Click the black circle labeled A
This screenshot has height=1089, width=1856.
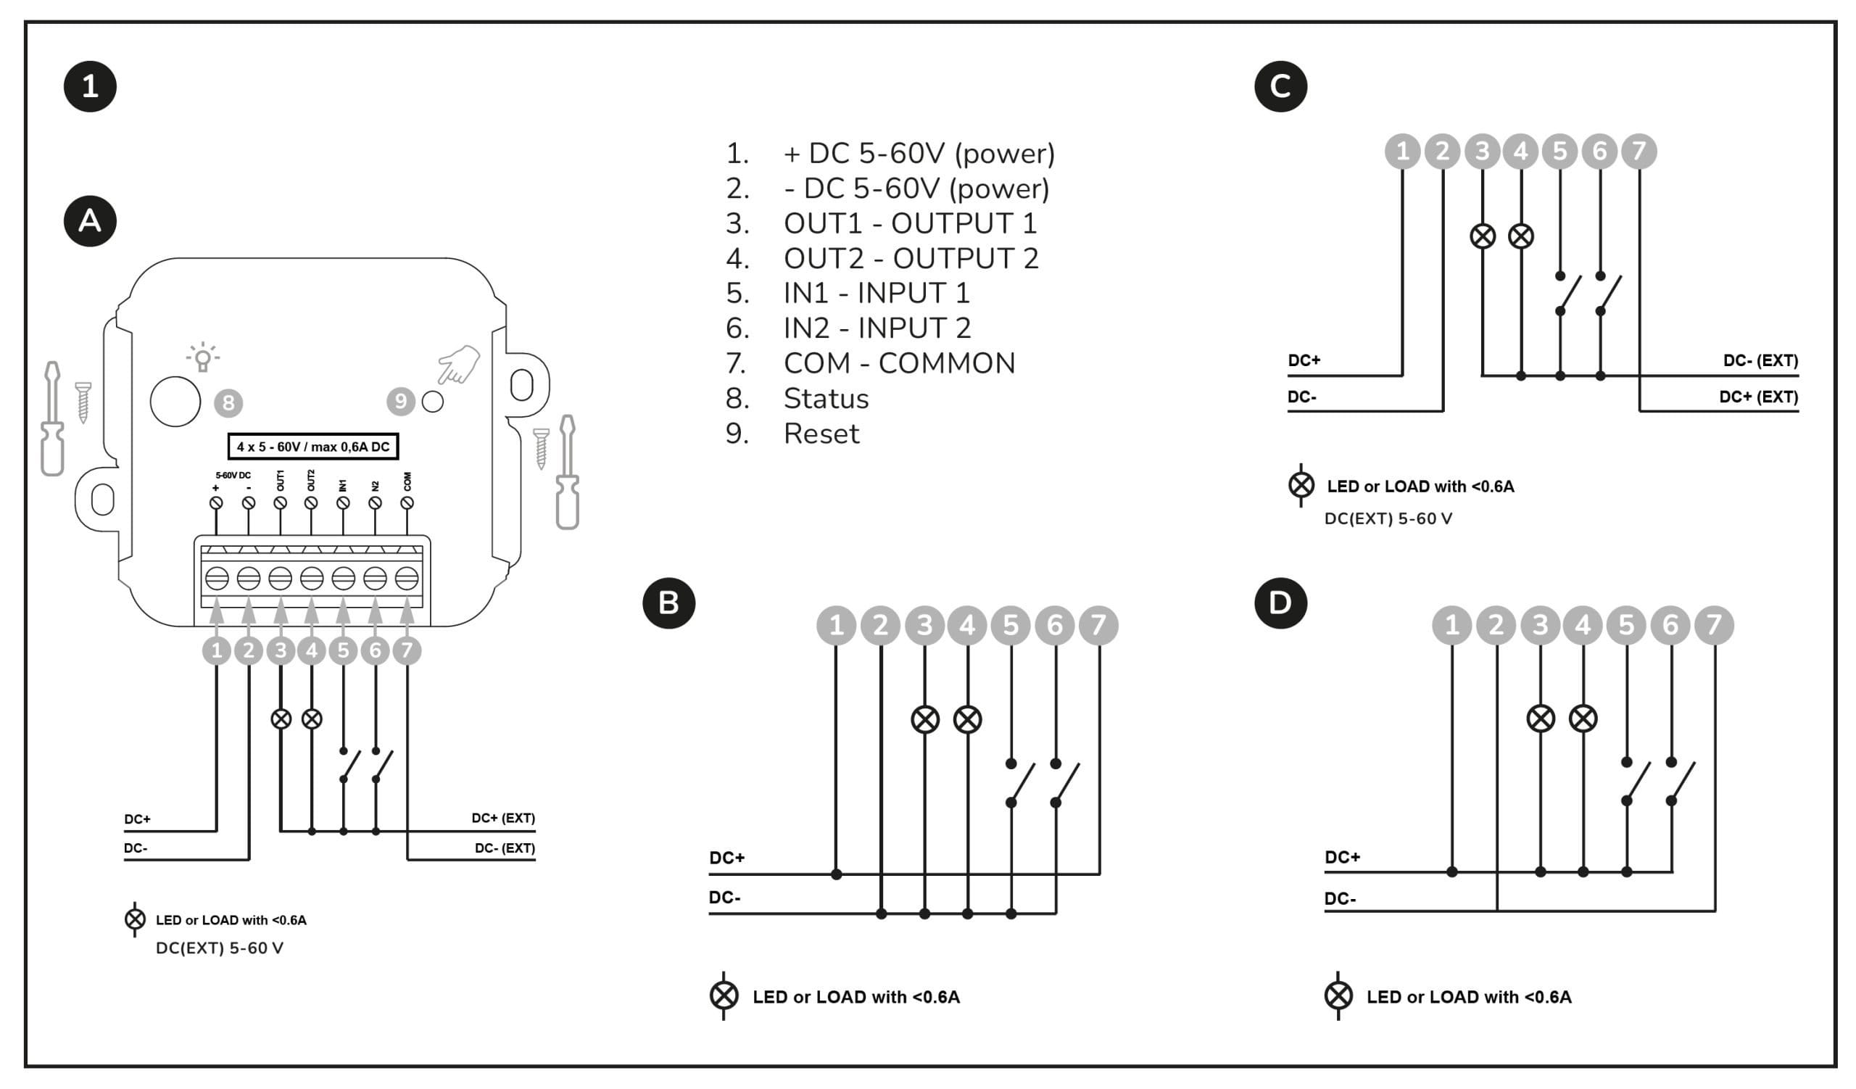(x=90, y=221)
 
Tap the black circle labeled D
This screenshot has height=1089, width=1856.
(x=1280, y=603)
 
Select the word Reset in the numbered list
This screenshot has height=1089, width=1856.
(x=821, y=434)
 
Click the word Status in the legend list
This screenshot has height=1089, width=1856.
(x=826, y=398)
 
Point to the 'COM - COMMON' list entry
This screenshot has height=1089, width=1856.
(x=898, y=363)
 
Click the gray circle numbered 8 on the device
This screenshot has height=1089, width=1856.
(x=228, y=403)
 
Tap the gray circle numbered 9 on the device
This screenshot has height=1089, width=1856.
(x=401, y=401)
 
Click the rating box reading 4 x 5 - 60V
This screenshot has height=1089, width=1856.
(x=313, y=447)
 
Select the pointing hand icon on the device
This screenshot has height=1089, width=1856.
(x=458, y=365)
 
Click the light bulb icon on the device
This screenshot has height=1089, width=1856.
(x=202, y=357)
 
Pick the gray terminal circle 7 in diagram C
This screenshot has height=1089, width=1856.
(x=1638, y=151)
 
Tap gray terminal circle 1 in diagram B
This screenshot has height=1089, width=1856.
(x=836, y=626)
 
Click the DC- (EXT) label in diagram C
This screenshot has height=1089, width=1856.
(x=1760, y=361)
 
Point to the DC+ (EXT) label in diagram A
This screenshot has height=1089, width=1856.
(x=503, y=818)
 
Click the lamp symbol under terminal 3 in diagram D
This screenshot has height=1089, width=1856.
(x=1540, y=719)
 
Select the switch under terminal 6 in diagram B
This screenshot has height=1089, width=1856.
(x=1066, y=784)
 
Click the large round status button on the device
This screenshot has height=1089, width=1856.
(x=175, y=401)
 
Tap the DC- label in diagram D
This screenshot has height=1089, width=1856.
(x=1340, y=898)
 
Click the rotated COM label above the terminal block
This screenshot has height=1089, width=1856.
(x=407, y=481)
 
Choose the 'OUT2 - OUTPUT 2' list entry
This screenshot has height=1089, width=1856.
(x=911, y=258)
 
